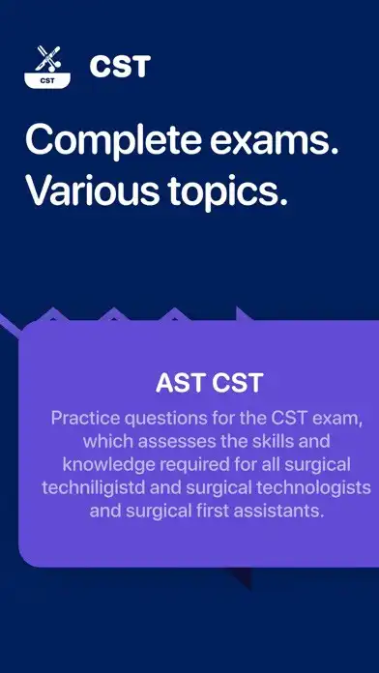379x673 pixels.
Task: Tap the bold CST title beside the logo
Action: [x=120, y=67]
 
